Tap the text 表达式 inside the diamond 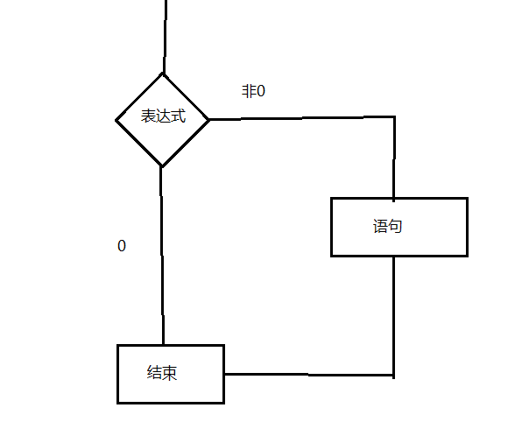pyautogui.click(x=164, y=117)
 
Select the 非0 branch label pyautogui.click(x=253, y=91)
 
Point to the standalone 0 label pyautogui.click(x=122, y=246)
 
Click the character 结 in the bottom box pyautogui.click(x=154, y=373)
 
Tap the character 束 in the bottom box pyautogui.click(x=170, y=373)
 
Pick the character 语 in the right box pyautogui.click(x=379, y=226)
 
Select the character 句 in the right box pyautogui.click(x=395, y=226)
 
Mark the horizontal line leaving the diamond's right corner pyautogui.click(x=298, y=118)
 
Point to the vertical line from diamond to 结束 pyautogui.click(x=162, y=254)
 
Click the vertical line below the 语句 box pyautogui.click(x=393, y=315)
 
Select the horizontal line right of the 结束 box pyautogui.click(x=307, y=375)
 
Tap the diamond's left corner pyautogui.click(x=117, y=119)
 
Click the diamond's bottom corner pyautogui.click(x=162, y=165)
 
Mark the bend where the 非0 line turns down pyautogui.click(x=393, y=118)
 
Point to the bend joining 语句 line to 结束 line pyautogui.click(x=393, y=375)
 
